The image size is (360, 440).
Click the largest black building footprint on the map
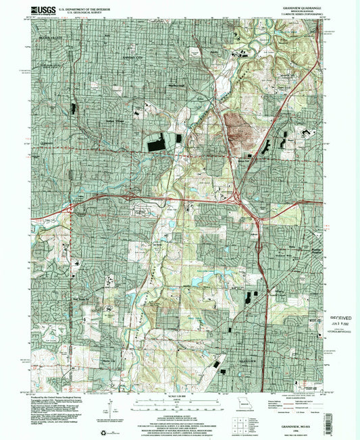[156, 142]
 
